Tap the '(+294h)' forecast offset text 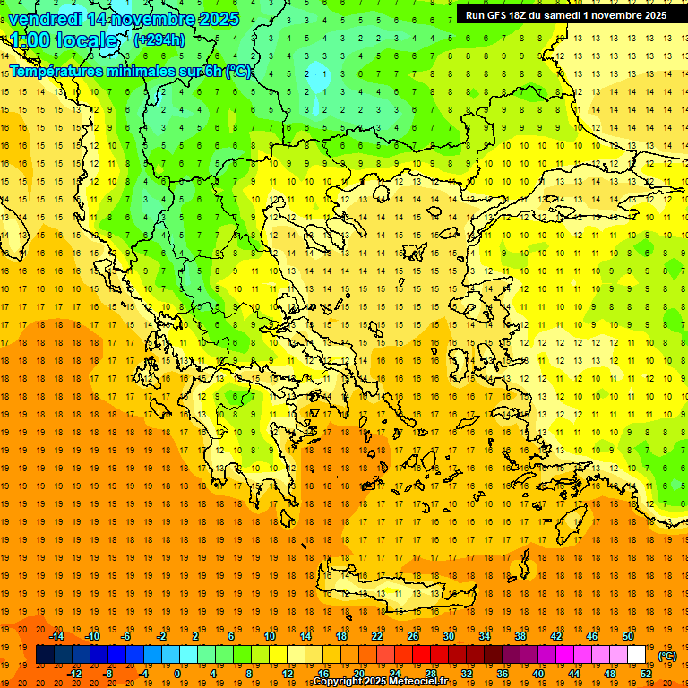click(x=159, y=39)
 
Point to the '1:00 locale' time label click(x=64, y=40)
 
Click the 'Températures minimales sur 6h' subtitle click(x=130, y=72)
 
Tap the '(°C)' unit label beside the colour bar click(x=667, y=656)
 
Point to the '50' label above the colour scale click(x=628, y=636)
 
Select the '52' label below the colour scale click(x=646, y=674)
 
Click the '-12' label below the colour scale click(x=74, y=674)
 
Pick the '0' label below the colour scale click(x=177, y=674)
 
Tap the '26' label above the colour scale click(x=413, y=636)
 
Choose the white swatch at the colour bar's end click(x=637, y=655)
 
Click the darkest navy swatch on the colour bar click(x=45, y=655)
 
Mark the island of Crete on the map click(x=394, y=587)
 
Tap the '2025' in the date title click(x=219, y=19)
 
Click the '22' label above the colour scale click(x=377, y=636)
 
